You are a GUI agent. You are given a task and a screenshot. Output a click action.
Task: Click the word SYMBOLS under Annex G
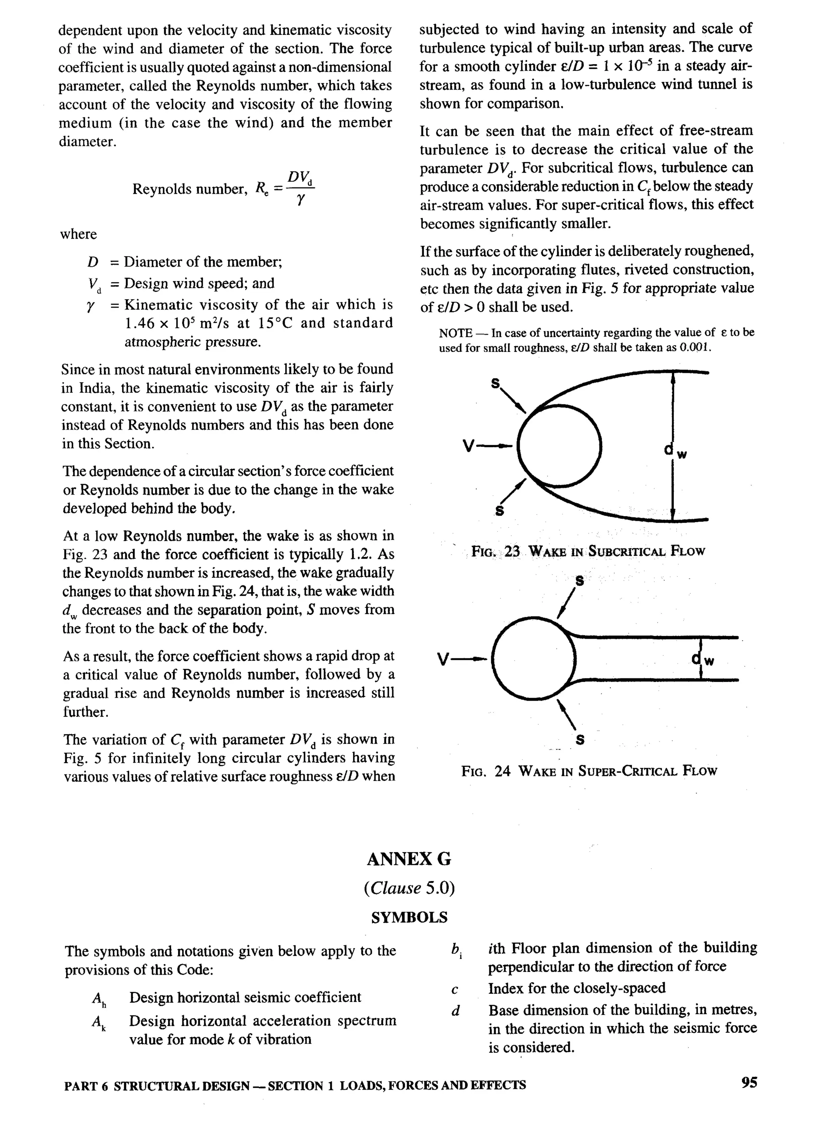[x=409, y=917]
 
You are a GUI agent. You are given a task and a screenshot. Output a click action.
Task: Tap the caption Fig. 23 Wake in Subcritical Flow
[x=588, y=551]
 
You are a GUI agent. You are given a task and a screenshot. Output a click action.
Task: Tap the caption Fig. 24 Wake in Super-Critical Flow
[x=589, y=770]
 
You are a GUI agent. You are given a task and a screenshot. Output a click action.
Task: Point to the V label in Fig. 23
[x=468, y=446]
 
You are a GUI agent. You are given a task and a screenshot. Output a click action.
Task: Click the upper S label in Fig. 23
[x=496, y=384]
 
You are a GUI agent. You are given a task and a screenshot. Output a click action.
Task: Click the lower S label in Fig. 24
[x=580, y=740]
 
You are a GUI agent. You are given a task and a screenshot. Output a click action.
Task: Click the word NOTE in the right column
[x=454, y=333]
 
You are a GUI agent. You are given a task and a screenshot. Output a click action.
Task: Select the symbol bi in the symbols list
[x=456, y=950]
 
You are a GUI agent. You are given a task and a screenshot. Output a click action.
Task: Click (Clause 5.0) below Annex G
[x=409, y=888]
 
